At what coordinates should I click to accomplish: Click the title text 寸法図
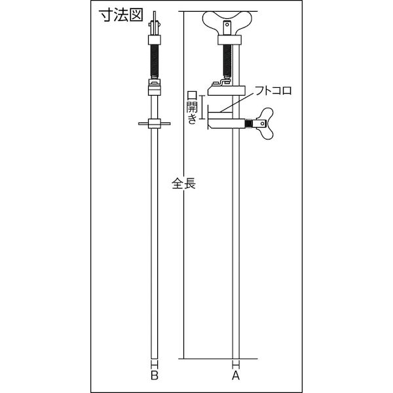121,15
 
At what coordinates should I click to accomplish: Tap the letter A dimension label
236,375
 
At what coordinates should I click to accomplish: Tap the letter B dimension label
155,375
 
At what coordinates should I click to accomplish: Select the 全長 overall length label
183,183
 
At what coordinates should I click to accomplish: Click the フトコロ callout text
273,90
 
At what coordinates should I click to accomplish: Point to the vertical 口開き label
192,107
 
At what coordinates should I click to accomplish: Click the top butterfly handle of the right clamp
227,21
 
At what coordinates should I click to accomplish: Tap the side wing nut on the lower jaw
265,124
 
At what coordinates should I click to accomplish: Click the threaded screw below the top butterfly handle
227,61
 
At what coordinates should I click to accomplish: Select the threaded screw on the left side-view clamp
155,61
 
